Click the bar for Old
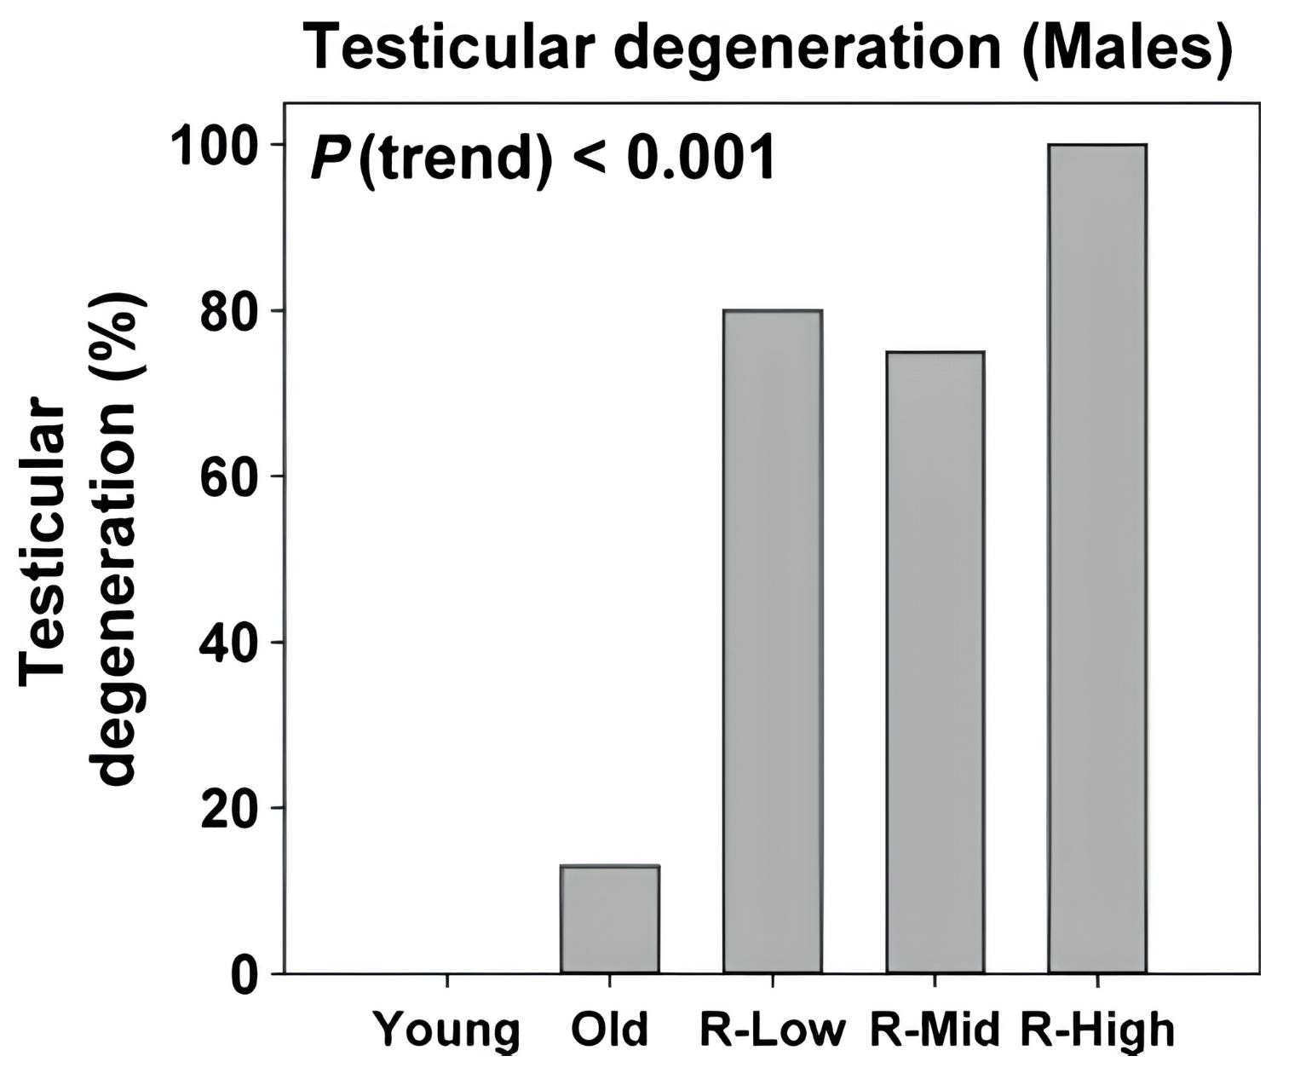610,919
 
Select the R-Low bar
773,641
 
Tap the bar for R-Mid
935,662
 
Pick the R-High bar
1098,559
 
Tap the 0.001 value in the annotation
701,159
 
